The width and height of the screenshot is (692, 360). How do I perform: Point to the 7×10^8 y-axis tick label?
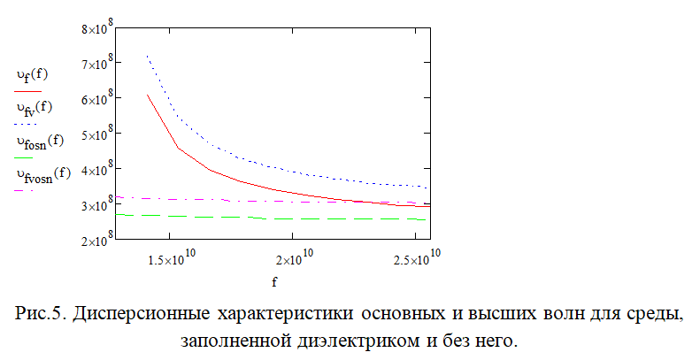click(92, 64)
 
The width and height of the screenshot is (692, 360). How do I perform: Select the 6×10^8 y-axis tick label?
click(92, 99)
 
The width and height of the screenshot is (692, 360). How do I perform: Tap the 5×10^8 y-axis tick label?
click(92, 134)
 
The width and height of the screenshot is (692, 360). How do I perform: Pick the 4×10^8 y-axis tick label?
click(92, 169)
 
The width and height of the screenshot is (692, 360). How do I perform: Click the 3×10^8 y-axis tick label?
click(92, 204)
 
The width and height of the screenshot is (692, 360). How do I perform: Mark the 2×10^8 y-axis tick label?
click(92, 240)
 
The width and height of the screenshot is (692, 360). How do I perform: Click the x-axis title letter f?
click(273, 283)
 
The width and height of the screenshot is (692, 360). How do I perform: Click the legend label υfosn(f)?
click(40, 141)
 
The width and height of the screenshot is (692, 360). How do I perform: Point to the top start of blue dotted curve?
click(146, 57)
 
